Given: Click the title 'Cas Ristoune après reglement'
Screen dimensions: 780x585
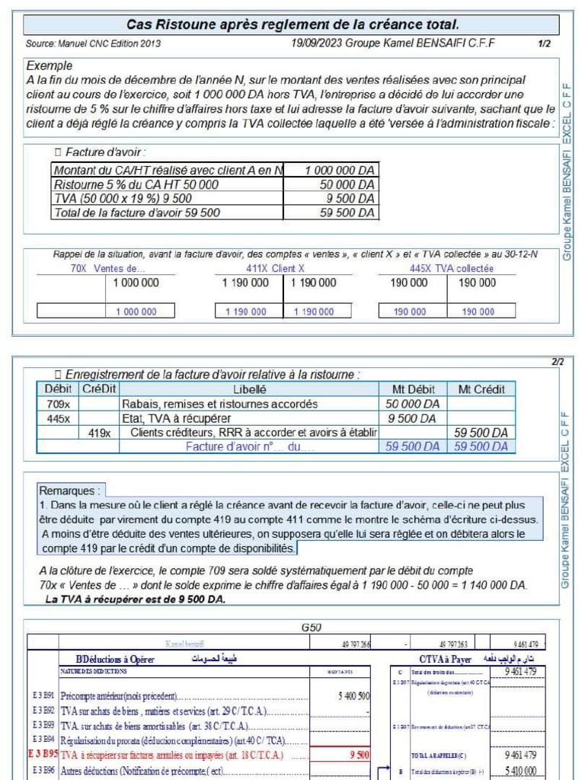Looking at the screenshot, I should tap(292, 25).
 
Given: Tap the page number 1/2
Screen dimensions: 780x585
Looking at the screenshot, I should tap(544, 44).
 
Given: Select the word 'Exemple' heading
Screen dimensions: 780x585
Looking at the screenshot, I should tap(50, 66).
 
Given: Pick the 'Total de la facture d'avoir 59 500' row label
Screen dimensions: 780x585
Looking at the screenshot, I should tap(137, 213).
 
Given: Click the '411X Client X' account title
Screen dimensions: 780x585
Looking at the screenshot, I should tap(275, 269).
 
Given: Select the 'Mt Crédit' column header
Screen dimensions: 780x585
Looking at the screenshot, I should tap(481, 389).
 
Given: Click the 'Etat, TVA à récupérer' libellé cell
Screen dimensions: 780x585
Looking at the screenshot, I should tap(177, 418).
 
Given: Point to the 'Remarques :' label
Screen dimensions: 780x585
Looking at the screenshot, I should tap(69, 491).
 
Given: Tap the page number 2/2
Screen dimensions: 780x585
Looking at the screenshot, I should tap(558, 362).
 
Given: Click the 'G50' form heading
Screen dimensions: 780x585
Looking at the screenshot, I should tap(311, 628).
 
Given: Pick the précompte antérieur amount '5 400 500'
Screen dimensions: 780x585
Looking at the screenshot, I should tap(353, 696).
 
